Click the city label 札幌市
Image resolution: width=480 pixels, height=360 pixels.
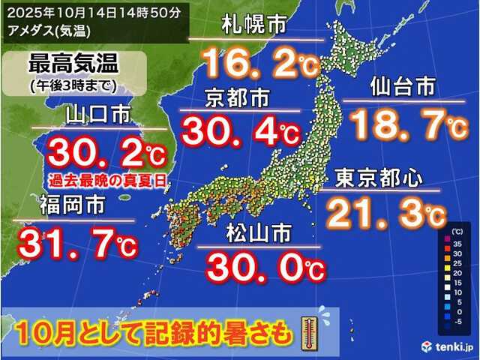tap(254, 27)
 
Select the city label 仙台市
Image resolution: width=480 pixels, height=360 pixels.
tap(402, 88)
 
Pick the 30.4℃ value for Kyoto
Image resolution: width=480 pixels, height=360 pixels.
tap(238, 133)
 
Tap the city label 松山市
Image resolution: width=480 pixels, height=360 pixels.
tap(259, 235)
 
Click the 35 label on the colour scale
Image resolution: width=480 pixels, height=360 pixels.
tap(464, 244)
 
